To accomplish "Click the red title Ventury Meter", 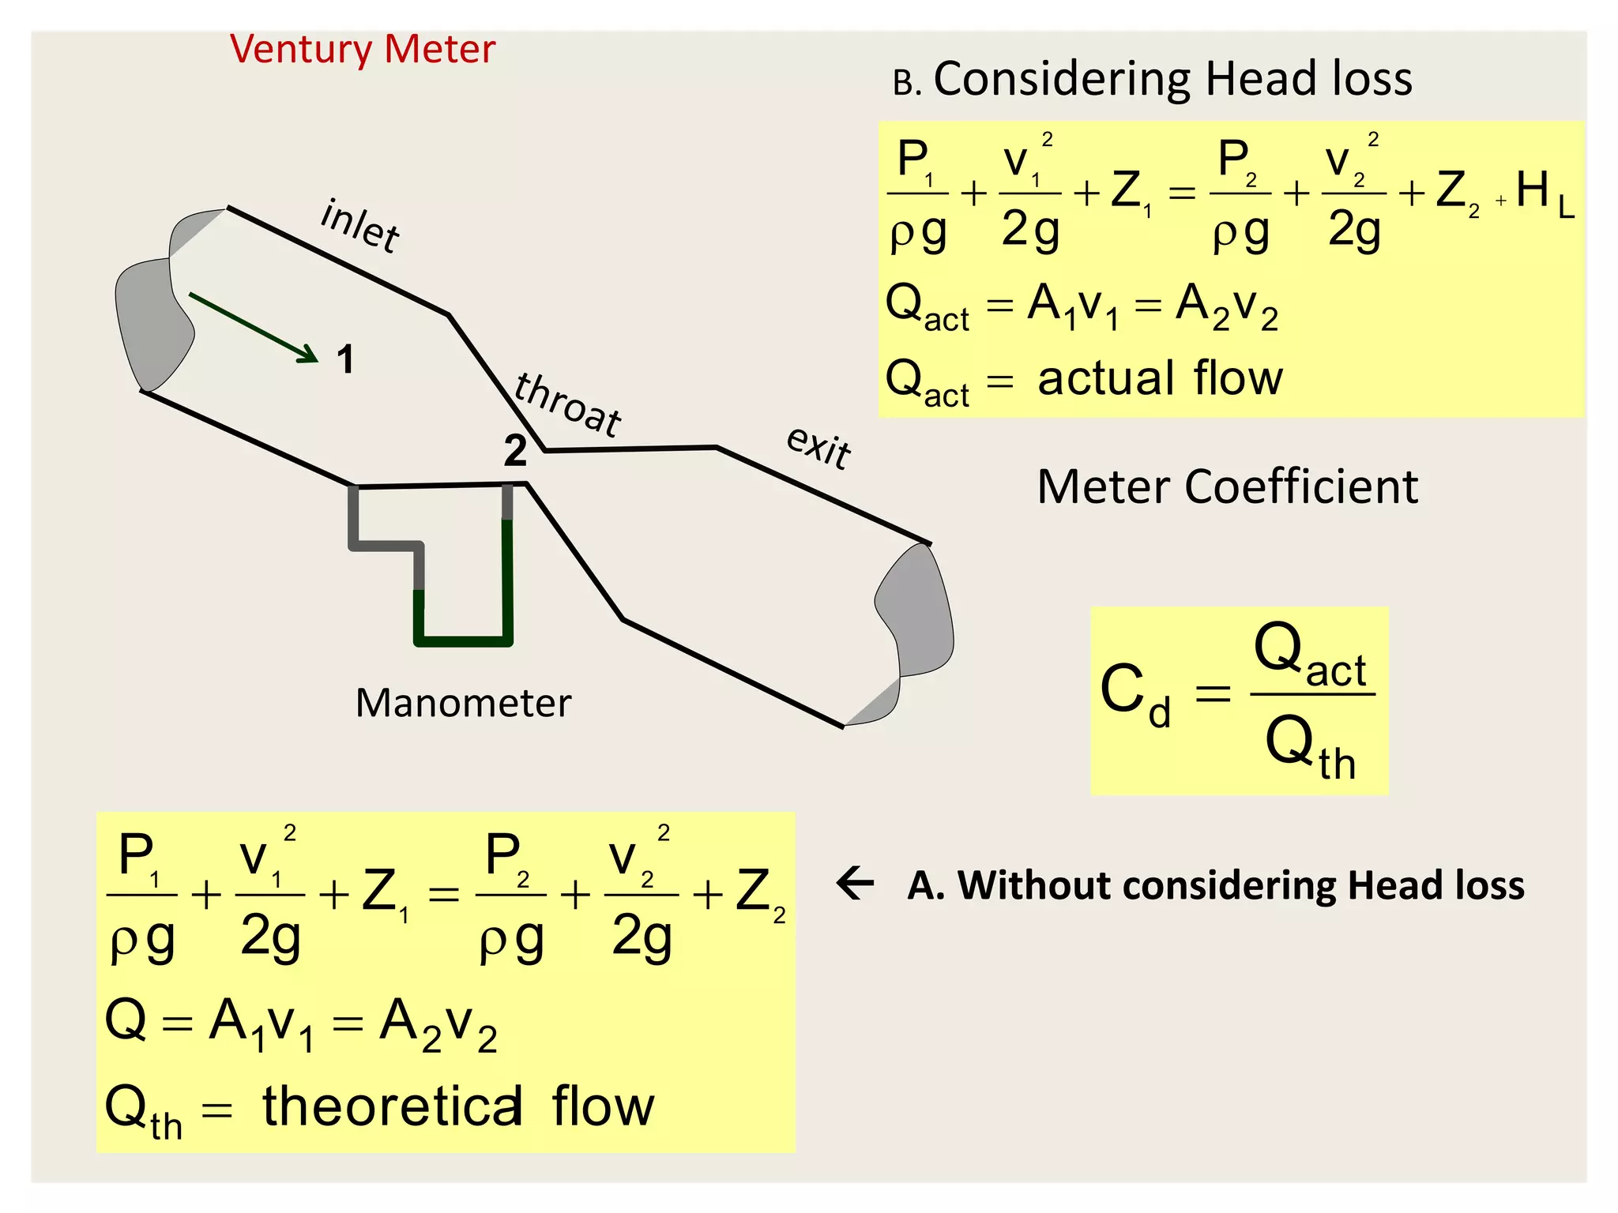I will [363, 49].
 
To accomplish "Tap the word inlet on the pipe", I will [360, 226].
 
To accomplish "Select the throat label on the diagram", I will [567, 405].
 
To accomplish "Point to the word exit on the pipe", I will [818, 448].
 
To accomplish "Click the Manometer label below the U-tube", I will [463, 703].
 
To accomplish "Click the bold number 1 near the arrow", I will [345, 359].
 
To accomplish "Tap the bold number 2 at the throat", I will [515, 451].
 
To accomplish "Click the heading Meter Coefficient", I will [1227, 486].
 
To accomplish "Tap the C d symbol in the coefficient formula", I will [1134, 694].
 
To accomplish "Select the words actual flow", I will [1160, 378].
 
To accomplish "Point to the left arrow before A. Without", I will [855, 883].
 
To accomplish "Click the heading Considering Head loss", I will [1172, 80].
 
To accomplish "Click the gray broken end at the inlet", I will [154, 316].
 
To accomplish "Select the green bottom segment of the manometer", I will [463, 641].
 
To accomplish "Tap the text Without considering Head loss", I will [1240, 885].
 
